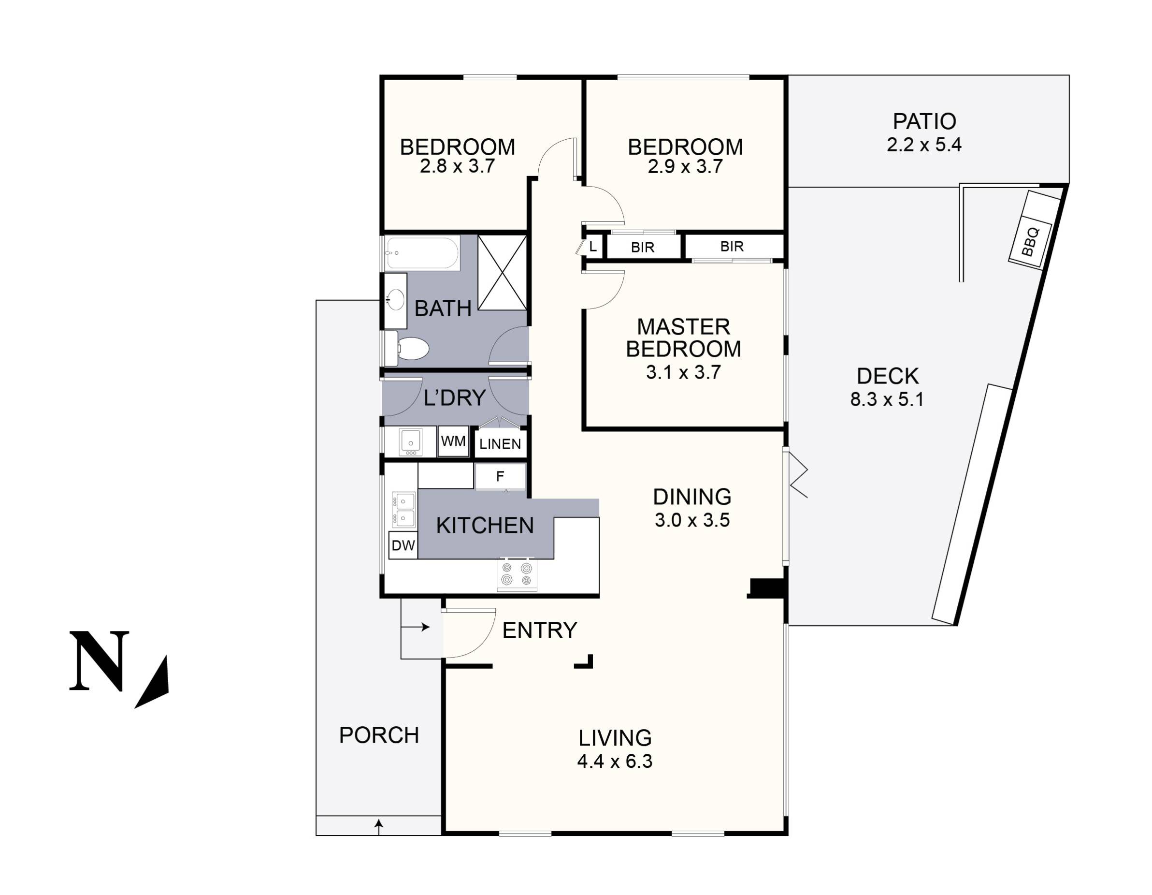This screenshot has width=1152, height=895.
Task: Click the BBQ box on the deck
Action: pos(1030,242)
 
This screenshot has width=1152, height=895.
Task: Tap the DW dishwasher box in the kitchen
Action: pos(403,545)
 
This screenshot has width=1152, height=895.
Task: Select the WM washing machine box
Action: pos(453,441)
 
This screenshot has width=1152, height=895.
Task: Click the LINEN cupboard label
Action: pos(500,444)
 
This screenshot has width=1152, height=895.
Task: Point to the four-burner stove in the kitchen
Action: pos(517,573)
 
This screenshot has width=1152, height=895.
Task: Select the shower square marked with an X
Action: pos(502,272)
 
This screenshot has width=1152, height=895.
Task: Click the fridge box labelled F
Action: pos(500,477)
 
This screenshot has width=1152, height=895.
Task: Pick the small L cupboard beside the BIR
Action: pos(592,247)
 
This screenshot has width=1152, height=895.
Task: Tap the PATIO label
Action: pos(924,122)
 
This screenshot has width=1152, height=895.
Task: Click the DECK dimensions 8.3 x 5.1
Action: pos(887,399)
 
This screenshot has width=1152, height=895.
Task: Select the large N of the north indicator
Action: pos(99,660)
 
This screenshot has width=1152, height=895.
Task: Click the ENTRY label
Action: pos(539,630)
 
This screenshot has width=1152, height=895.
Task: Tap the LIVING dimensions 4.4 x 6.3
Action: pos(615,762)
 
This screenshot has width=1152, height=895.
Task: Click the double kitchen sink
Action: pos(403,509)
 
